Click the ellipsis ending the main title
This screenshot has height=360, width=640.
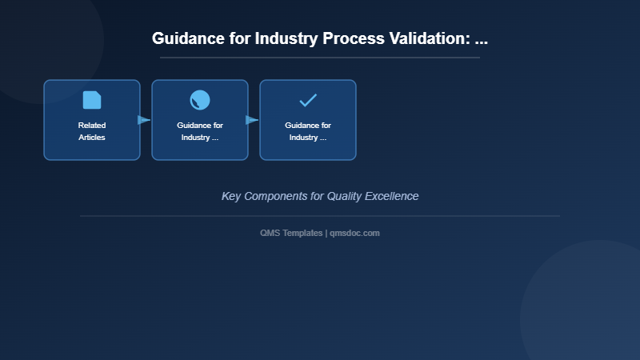click(x=481, y=38)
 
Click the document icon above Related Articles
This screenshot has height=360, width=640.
click(x=92, y=100)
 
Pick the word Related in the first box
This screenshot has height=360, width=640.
click(x=92, y=126)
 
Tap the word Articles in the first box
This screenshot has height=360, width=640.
click(x=92, y=138)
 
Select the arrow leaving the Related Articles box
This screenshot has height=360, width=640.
click(x=144, y=120)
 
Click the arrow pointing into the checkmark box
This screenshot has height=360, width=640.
click(x=252, y=120)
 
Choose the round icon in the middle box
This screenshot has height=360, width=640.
click(x=200, y=100)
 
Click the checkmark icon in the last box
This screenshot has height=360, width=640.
click(x=308, y=100)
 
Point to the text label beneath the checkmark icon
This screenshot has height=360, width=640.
click(x=308, y=131)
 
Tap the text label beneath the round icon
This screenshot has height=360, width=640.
click(x=200, y=131)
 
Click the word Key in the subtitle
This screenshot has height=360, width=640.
click(x=231, y=196)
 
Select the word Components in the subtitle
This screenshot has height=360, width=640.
click(x=279, y=196)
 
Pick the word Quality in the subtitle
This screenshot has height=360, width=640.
click(x=346, y=196)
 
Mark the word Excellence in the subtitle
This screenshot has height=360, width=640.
click(x=393, y=196)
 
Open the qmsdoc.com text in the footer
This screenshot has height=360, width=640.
click(x=354, y=233)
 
